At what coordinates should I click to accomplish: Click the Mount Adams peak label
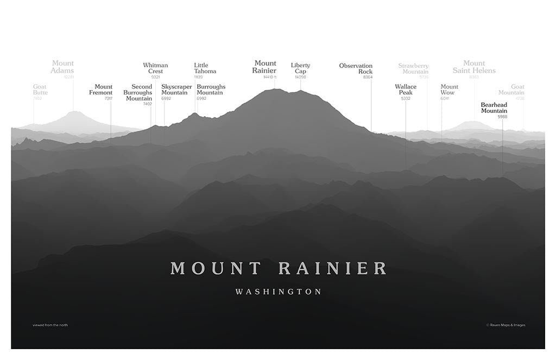(62, 67)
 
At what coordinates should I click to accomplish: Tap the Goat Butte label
(40, 90)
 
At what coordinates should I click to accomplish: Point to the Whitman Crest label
(155, 68)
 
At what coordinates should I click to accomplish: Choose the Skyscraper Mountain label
(176, 90)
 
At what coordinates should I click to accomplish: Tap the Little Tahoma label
(205, 68)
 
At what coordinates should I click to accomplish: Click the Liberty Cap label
(300, 68)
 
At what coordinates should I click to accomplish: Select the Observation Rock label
(356, 68)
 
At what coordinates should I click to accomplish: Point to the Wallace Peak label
(406, 90)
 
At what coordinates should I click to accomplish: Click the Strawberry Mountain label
(414, 68)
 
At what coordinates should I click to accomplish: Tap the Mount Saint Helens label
(474, 67)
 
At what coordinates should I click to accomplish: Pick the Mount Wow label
(449, 90)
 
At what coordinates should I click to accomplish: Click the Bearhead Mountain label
(494, 108)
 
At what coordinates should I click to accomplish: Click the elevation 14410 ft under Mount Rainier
(270, 77)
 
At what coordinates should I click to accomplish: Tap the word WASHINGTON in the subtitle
(279, 292)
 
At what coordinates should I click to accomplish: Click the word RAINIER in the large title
(333, 268)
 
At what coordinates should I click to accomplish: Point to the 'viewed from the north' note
(50, 325)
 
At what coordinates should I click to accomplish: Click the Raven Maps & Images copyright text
(506, 325)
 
